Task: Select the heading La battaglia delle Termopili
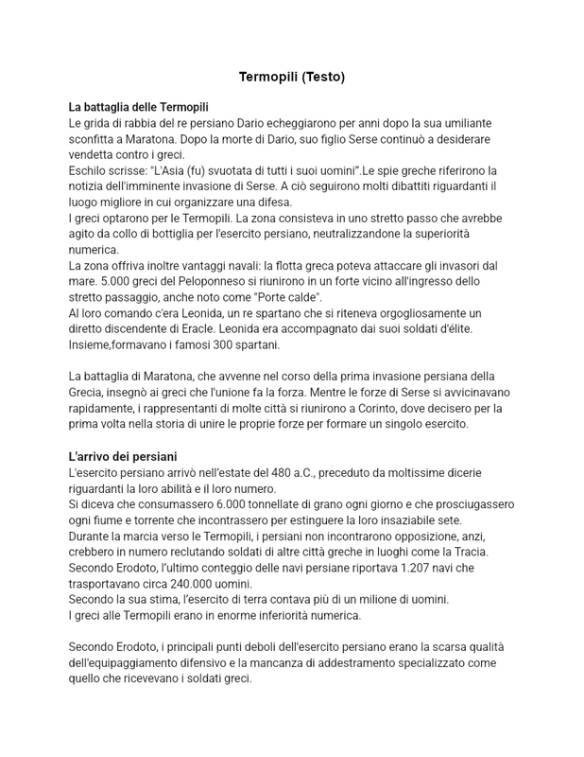(138, 108)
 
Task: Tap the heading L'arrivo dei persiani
(123, 456)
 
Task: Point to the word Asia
(180, 170)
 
